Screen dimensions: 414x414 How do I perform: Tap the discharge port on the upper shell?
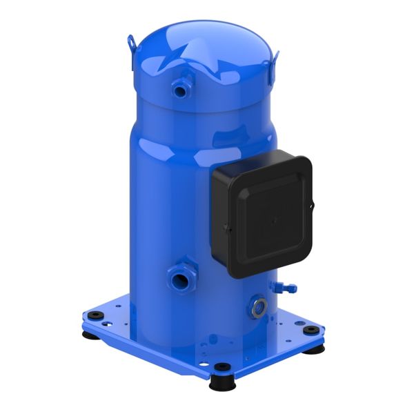click(x=181, y=87)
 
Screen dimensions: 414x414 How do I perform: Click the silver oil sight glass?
click(x=259, y=307)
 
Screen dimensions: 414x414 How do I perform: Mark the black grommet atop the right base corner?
click(x=312, y=329)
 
